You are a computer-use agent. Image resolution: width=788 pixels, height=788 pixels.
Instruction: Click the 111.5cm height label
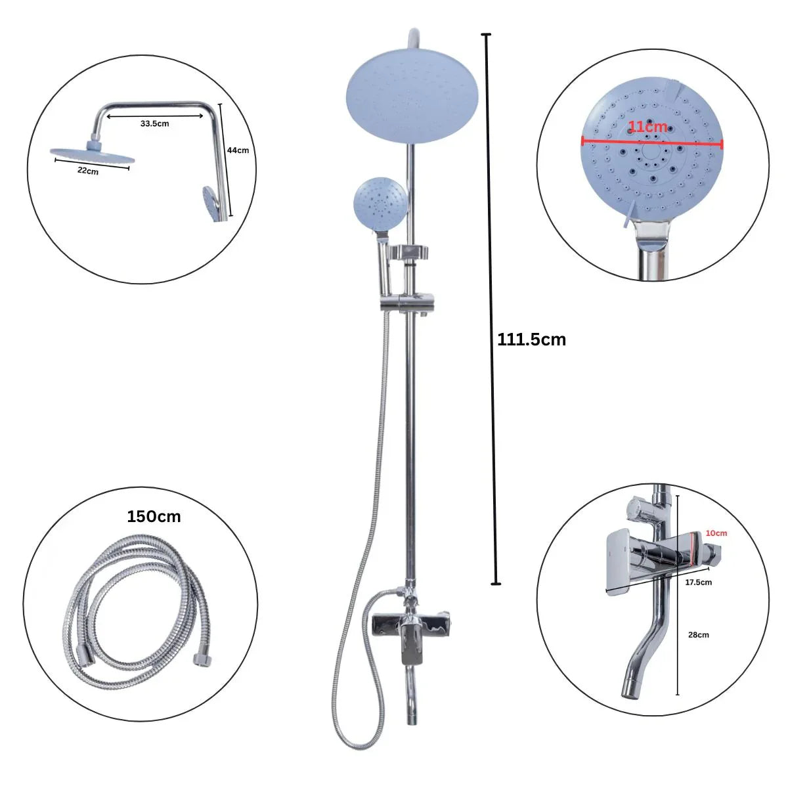coord(531,339)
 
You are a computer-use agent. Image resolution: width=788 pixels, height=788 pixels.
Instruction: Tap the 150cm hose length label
coord(154,517)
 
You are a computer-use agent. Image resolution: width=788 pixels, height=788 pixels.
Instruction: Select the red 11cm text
coord(647,127)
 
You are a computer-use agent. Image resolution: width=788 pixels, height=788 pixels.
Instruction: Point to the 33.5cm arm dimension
coord(154,123)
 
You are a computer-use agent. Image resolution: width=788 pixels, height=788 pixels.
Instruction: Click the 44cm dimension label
coord(238,150)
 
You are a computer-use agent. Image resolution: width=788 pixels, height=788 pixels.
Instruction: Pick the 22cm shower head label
coord(87,172)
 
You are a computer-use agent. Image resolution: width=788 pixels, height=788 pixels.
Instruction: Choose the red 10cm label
coord(716,533)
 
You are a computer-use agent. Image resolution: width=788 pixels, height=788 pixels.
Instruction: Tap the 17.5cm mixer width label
coord(698,582)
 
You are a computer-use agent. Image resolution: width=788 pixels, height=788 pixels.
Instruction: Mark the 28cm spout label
coord(699,635)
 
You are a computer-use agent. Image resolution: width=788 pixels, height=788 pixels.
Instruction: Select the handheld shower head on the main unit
coord(380,204)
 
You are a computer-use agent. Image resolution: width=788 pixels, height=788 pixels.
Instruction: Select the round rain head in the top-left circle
coord(92,152)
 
